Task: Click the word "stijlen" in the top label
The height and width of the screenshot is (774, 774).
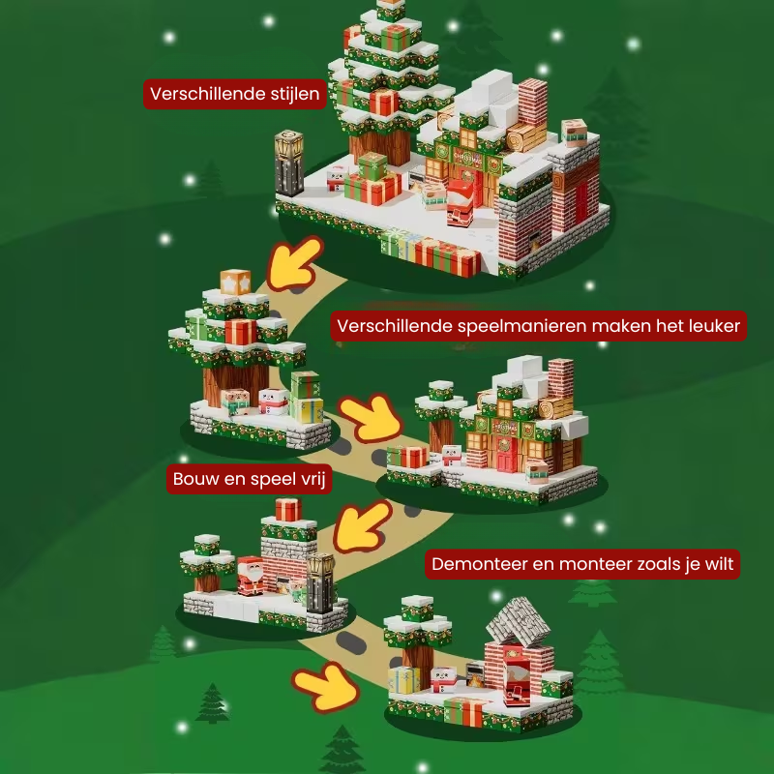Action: [287, 94]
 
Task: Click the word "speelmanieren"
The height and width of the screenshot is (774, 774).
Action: [512, 326]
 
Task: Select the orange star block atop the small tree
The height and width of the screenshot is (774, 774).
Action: [235, 282]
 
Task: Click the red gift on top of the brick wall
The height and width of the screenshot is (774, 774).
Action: [287, 509]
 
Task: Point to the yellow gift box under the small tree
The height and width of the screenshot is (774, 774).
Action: [309, 410]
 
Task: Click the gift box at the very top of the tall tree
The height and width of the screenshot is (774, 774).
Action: [390, 10]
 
